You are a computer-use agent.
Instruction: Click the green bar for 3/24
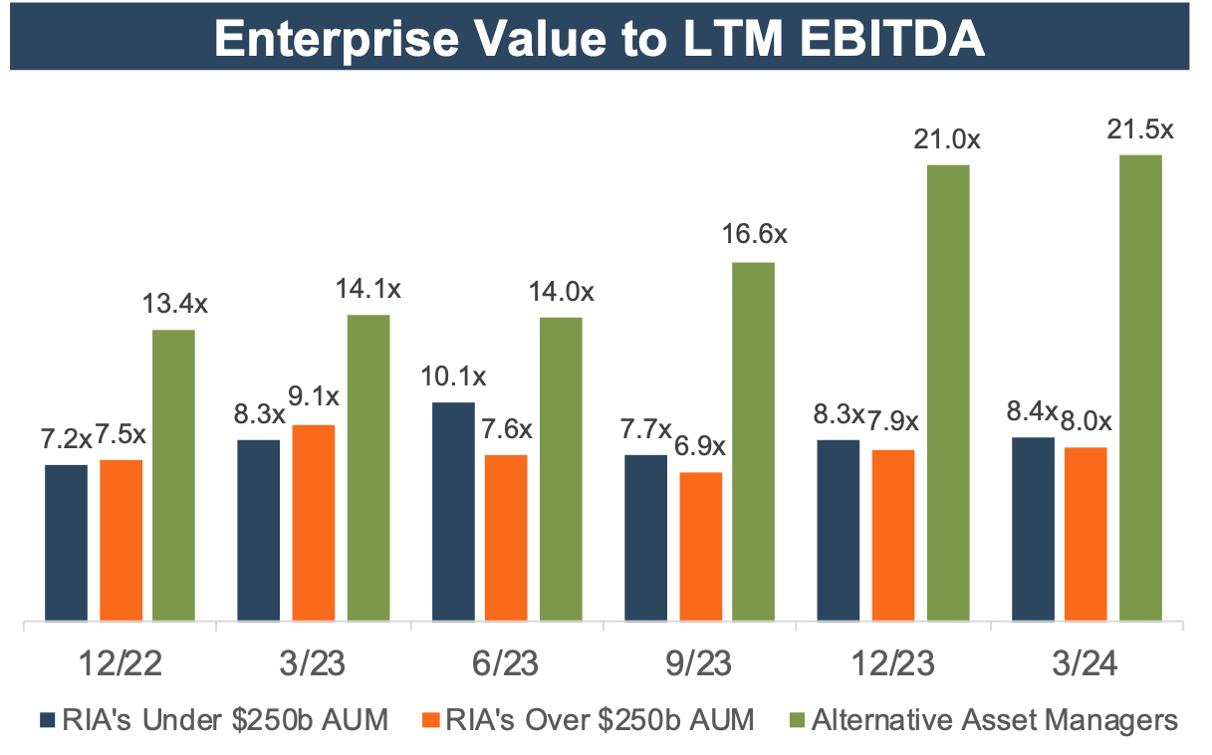click(x=1140, y=388)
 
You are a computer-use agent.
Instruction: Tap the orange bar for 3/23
click(x=314, y=524)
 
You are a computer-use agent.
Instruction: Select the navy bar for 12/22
click(x=67, y=544)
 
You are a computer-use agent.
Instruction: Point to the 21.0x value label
click(x=947, y=139)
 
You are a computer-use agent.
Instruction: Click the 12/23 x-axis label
click(x=894, y=661)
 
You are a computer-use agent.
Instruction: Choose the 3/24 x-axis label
click(x=1089, y=661)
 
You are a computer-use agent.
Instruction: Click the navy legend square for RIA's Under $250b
click(x=47, y=719)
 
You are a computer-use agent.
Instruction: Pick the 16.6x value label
click(x=754, y=236)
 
